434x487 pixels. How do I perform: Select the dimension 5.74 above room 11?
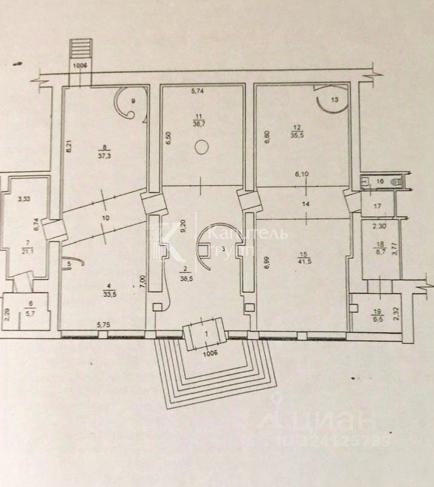pos(198,92)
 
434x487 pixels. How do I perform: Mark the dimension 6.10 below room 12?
pos(302,174)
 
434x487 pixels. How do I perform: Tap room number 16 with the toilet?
pos(380,181)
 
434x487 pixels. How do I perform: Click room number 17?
pos(377,206)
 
